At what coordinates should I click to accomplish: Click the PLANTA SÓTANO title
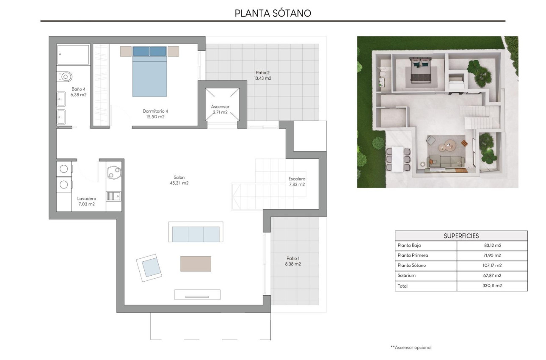coord(273,13)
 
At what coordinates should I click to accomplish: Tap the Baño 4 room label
coord(78,92)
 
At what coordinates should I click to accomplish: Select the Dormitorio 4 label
coord(155,114)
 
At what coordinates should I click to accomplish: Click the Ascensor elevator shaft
coord(222,104)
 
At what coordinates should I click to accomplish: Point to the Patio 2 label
coord(262,75)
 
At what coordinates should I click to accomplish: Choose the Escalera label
coord(297,181)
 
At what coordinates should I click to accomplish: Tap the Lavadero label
coord(86,201)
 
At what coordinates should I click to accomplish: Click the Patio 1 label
coord(293,261)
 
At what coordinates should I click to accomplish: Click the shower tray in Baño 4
coord(73,54)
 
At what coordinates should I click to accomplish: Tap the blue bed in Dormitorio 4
coord(149,72)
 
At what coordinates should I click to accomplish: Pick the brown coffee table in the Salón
coord(196,263)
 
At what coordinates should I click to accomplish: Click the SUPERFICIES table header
coord(461,236)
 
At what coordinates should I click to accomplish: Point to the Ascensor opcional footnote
coord(411,347)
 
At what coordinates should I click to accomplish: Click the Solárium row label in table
coord(407,276)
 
